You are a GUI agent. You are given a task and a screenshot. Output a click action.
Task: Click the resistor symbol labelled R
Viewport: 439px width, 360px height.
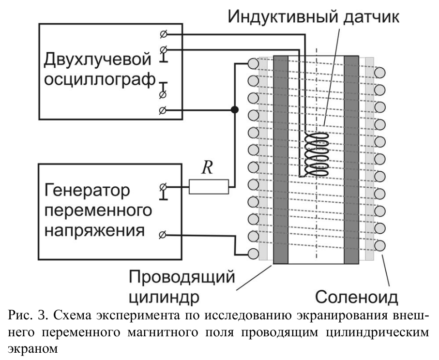pyautogui.click(x=208, y=186)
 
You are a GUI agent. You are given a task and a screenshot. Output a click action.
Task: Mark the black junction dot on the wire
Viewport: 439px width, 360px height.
pyautogui.click(x=234, y=110)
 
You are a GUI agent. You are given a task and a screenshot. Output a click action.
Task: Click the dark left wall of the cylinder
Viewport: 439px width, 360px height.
pyautogui.click(x=281, y=160)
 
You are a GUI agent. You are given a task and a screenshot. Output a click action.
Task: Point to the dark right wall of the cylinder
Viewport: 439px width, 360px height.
pyautogui.click(x=351, y=160)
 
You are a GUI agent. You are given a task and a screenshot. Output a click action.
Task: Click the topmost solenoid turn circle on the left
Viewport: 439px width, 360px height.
pyautogui.click(x=252, y=63)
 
